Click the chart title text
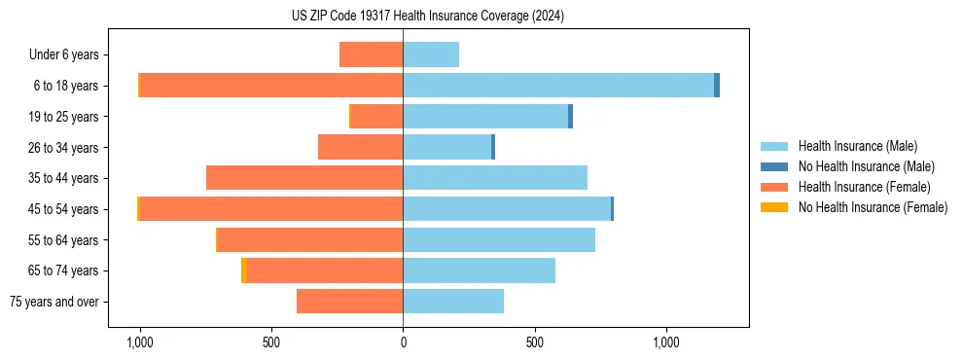coord(428,17)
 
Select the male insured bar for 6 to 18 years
coord(558,86)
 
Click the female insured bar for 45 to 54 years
coord(271,209)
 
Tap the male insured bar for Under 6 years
coord(431,54)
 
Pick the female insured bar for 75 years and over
coord(349,302)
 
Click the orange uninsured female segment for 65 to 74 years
coord(243,270)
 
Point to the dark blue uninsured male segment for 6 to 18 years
coord(717,86)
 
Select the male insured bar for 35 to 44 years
coord(495,178)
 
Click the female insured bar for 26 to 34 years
coord(360,147)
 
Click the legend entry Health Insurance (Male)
coord(856,146)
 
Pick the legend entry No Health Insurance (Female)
coord(872,207)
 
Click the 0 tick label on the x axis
coord(403,343)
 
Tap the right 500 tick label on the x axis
coord(534,343)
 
